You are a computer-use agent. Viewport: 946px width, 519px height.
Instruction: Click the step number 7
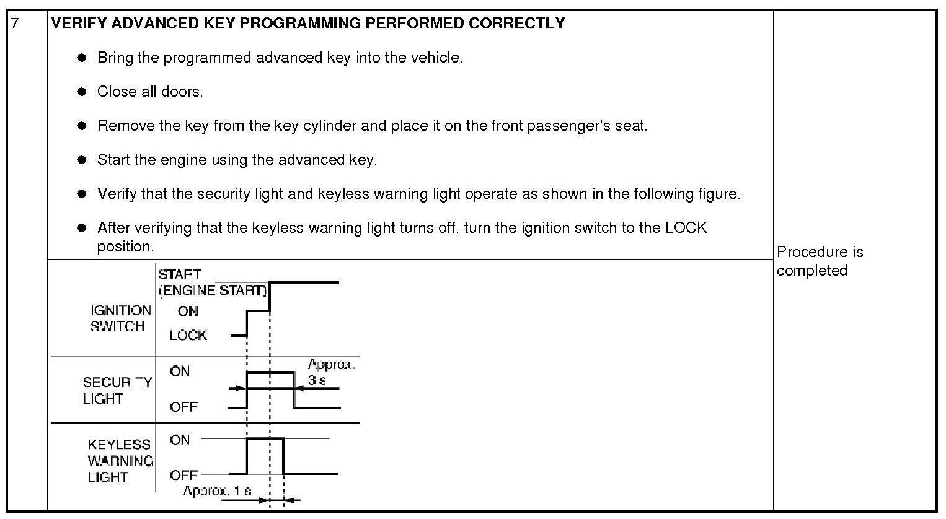point(15,24)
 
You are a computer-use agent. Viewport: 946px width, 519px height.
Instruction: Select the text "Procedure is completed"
point(819,261)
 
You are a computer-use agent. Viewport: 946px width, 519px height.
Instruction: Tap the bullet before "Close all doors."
point(82,92)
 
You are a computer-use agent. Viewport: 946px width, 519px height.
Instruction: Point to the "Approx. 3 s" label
point(331,372)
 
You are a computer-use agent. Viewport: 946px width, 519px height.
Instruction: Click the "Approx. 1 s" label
point(217,491)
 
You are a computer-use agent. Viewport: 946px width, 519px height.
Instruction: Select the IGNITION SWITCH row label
point(120,318)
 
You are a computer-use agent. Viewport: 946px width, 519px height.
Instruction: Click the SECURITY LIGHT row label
point(117,390)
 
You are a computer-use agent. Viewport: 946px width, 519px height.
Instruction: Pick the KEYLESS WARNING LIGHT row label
point(120,461)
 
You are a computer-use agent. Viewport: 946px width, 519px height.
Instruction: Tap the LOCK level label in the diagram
point(188,335)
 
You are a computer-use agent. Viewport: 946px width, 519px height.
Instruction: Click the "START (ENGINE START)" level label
point(212,282)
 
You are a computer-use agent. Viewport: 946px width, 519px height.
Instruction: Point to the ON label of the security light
point(180,371)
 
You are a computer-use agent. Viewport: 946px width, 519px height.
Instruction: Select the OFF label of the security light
point(183,407)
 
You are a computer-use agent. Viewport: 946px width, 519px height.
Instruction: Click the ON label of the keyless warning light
point(180,440)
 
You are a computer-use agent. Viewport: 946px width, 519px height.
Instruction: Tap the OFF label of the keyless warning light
point(183,475)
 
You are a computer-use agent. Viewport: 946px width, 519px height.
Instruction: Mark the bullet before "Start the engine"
point(82,160)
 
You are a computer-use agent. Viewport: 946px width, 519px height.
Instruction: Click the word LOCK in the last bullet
point(686,228)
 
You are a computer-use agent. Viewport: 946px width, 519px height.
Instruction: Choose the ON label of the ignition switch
point(188,311)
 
